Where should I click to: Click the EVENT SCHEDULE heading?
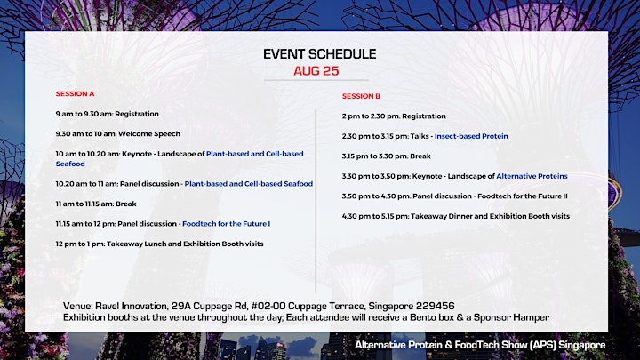tap(320, 54)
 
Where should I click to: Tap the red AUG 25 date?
tap(316, 70)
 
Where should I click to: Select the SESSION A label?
tap(75, 94)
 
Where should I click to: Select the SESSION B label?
tap(361, 96)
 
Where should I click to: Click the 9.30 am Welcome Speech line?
tap(118, 134)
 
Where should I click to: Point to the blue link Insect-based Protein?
tap(471, 136)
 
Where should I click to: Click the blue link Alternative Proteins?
tap(532, 176)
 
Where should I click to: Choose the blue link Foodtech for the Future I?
tap(226, 224)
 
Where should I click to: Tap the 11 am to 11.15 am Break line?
tap(96, 204)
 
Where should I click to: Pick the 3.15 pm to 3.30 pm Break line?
tap(387, 156)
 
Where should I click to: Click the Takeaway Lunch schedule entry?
tap(160, 244)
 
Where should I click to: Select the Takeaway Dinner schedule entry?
tap(456, 216)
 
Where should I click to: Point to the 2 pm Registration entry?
tap(394, 116)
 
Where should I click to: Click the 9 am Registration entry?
tap(108, 114)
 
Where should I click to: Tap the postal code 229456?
tap(435, 306)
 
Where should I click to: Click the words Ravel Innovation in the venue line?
tap(132, 306)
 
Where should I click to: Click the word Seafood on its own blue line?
tap(70, 164)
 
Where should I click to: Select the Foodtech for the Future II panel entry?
tap(455, 196)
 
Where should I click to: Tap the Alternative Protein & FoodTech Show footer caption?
tap(480, 345)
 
